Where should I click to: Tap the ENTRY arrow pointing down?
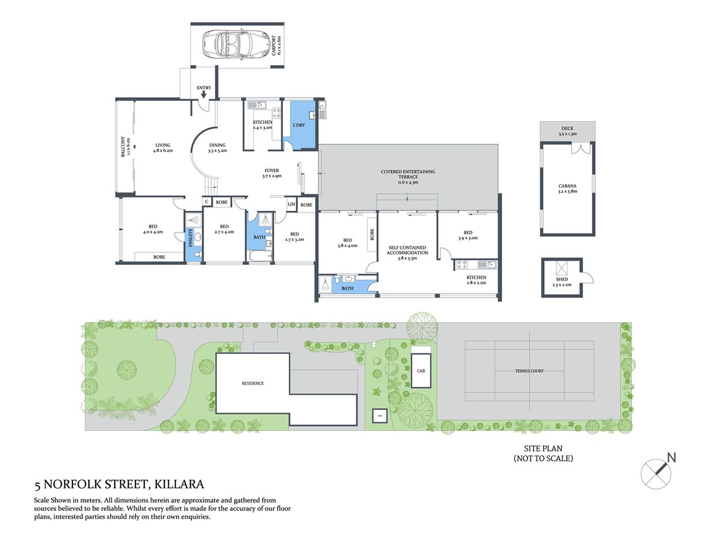pos(204,94)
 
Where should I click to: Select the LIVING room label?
pos(163,146)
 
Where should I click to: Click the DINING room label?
pos(217,146)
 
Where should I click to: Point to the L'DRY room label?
pos(299,125)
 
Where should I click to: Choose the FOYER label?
pos(272,171)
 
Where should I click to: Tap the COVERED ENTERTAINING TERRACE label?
pos(408,172)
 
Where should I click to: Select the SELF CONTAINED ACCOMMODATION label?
pos(407,250)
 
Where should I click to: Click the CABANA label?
pos(567,186)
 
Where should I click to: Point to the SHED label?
pos(562,279)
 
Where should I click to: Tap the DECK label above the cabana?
pos(567,128)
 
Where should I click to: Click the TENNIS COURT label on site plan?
pos(529,371)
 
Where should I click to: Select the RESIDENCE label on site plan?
pos(253,383)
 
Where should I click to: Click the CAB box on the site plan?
pos(421,370)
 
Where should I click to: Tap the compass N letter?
pos(671,458)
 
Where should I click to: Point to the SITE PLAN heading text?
pos(543,448)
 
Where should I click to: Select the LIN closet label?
pos(291,204)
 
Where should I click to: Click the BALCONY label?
pos(122,146)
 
